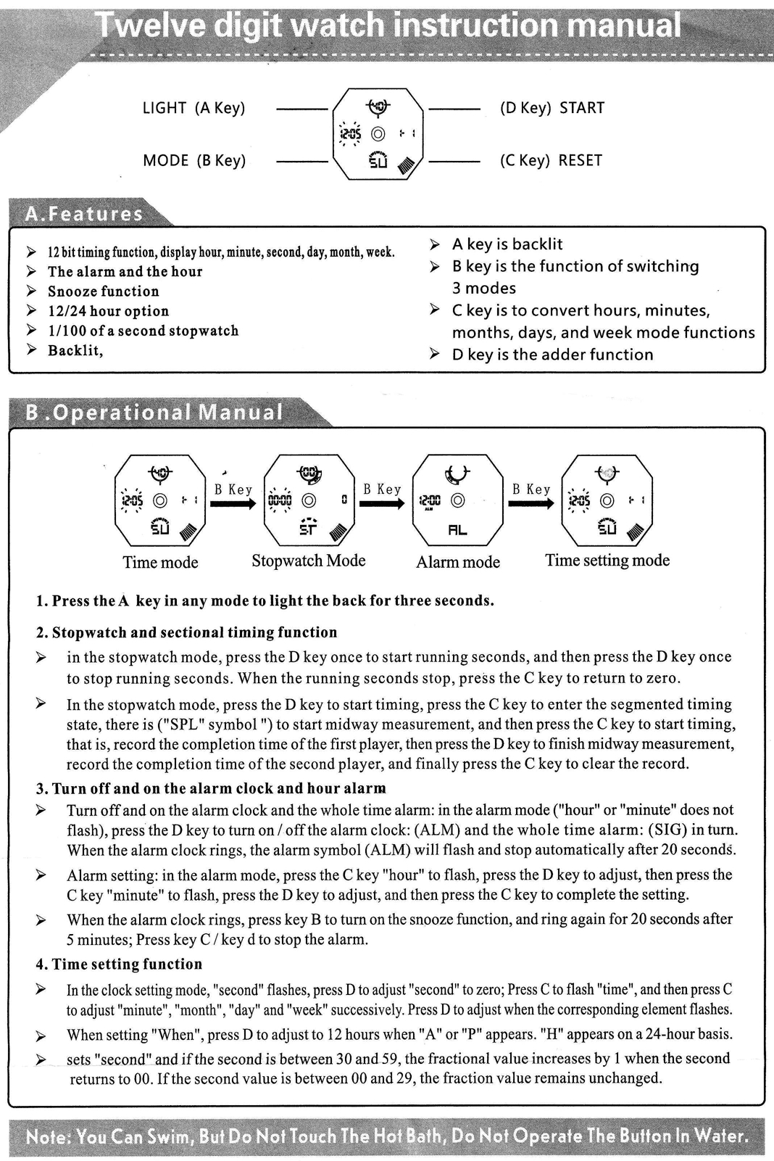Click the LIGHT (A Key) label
[193, 108]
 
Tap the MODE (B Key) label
[194, 160]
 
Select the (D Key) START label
[552, 108]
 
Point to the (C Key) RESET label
[551, 160]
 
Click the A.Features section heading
[84, 214]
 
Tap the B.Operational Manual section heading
[154, 413]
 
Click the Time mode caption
[160, 562]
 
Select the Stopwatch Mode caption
[309, 561]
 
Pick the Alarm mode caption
[458, 562]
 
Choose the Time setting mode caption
[607, 560]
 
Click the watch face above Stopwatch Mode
[309, 500]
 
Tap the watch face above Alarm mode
[458, 500]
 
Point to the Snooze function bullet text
[104, 292]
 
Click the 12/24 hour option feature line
[109, 311]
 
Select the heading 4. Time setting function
[120, 964]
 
